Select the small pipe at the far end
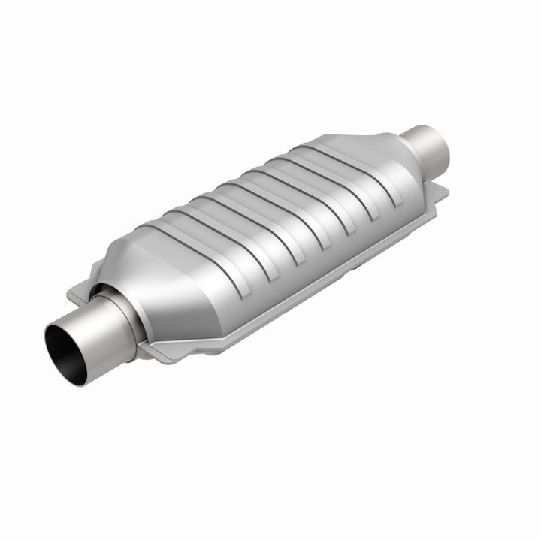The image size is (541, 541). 429,147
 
